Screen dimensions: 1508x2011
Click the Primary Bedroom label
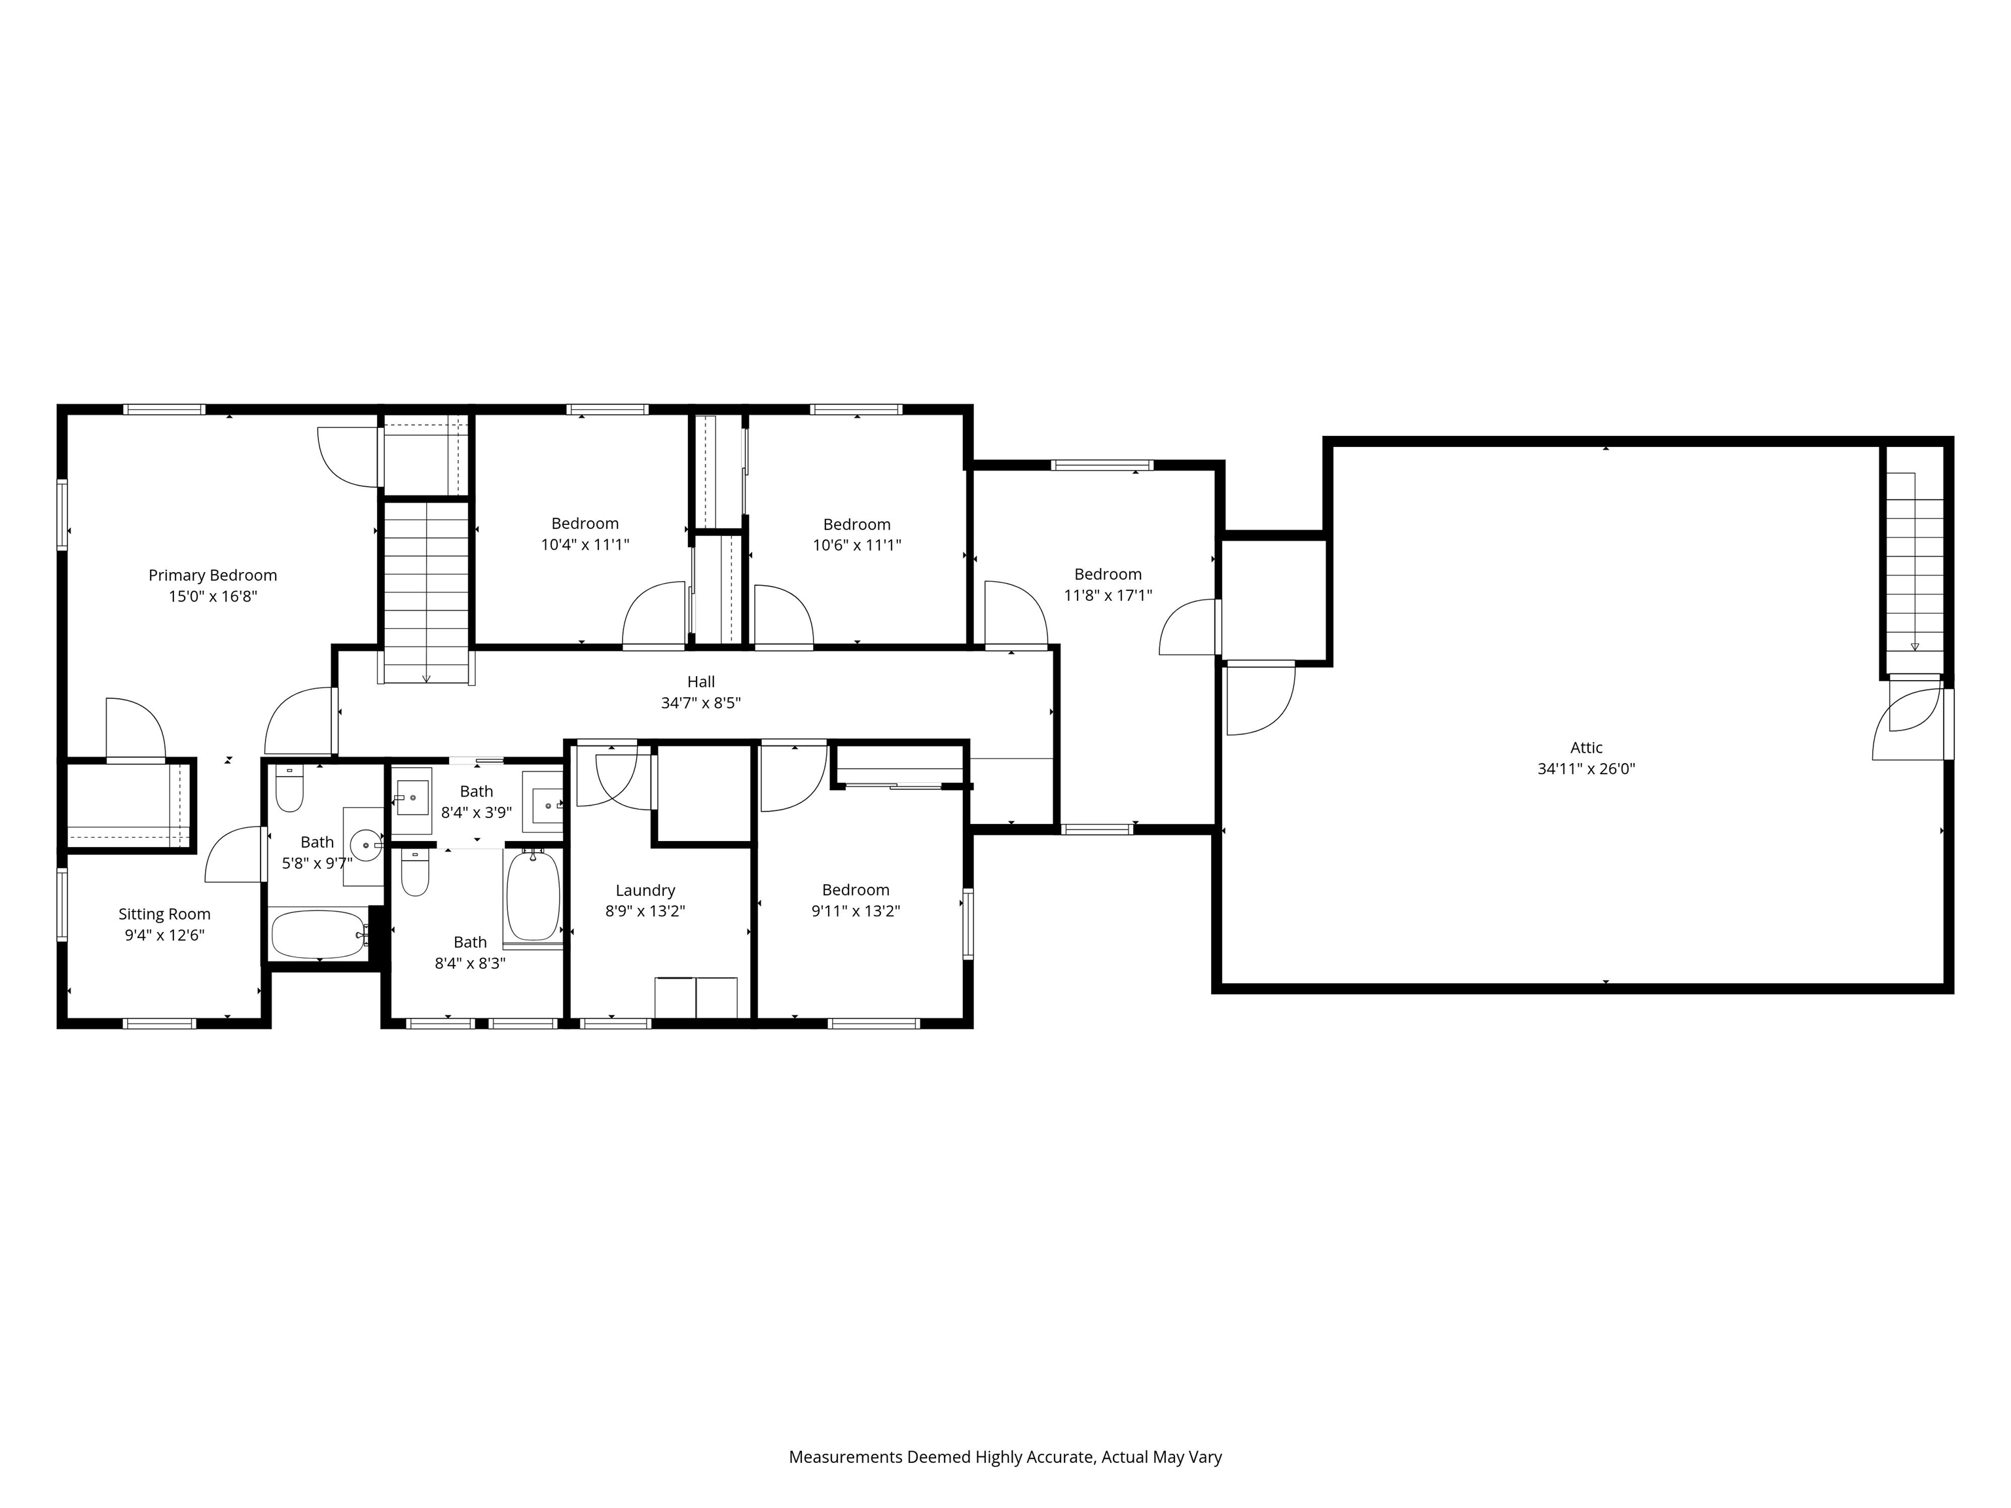pos(212,575)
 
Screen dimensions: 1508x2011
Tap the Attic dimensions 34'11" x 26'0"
pos(1585,769)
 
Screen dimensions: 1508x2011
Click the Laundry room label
pos(645,891)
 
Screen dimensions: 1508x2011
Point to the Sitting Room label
pos(164,914)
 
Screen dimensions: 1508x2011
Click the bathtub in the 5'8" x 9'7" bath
pos(317,935)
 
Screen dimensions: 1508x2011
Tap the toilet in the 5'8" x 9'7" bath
pos(289,789)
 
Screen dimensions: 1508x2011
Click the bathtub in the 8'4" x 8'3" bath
pos(533,896)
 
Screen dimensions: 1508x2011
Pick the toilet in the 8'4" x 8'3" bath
pos(414,874)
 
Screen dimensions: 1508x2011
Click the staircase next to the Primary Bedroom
pos(426,591)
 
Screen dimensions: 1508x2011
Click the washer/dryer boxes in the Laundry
pos(695,998)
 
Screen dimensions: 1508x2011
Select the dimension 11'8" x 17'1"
pos(1108,596)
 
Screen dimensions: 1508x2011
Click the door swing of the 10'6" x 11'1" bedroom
pos(782,615)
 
